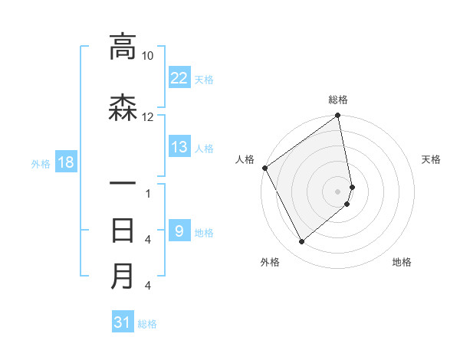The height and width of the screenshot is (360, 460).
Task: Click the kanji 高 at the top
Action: pos(123,47)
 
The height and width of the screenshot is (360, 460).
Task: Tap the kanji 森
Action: pos(123,108)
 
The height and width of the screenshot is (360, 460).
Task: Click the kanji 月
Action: pos(123,276)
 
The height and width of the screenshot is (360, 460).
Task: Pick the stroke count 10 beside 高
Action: pos(148,57)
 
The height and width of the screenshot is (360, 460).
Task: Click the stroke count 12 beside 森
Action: pos(148,117)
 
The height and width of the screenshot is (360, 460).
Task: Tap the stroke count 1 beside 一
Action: pos(148,194)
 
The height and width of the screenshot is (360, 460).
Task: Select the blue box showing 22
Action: pos(179,77)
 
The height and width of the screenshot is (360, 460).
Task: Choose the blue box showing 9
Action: pos(179,231)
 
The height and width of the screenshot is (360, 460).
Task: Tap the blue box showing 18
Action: pos(65,162)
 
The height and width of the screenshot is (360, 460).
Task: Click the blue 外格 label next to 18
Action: pos(41,163)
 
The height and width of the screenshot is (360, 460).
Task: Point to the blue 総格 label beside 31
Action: pos(147,323)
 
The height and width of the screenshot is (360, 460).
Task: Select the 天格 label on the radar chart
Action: pos(431,159)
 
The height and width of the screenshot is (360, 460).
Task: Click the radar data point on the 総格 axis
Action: pos(337,116)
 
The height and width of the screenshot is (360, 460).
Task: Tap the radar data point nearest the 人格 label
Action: pos(264,168)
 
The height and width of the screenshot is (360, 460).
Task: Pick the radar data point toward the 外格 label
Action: pos(301,241)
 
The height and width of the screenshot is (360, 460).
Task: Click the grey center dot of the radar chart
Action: pos(337,191)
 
